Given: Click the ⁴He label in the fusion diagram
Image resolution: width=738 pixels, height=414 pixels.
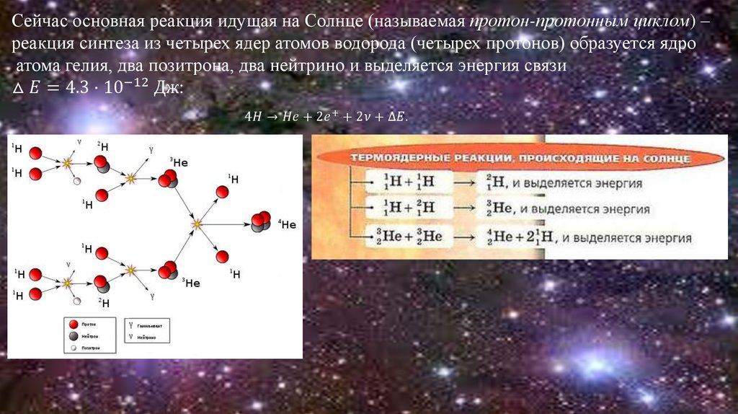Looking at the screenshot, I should [x=287, y=224].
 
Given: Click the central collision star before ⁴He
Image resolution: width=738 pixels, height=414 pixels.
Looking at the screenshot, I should [x=196, y=225].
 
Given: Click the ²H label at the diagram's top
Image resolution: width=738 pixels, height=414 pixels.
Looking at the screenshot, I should [x=103, y=146].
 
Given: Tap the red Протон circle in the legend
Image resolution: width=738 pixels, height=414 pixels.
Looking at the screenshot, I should [x=73, y=325].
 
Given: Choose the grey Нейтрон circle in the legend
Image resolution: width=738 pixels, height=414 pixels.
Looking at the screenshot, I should [x=73, y=337].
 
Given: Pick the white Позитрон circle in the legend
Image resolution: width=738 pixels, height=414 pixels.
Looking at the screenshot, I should [x=73, y=348].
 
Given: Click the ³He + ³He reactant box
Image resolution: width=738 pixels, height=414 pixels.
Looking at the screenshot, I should [x=409, y=237].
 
